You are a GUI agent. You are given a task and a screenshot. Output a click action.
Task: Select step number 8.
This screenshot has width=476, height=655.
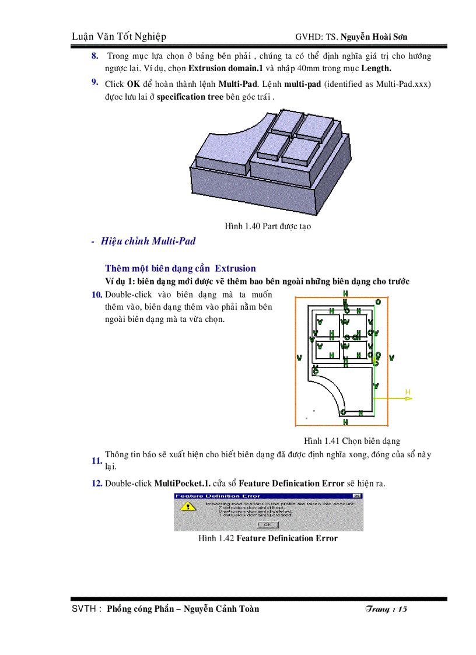[94, 56]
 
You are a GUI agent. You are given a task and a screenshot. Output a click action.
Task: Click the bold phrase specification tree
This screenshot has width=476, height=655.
[190, 97]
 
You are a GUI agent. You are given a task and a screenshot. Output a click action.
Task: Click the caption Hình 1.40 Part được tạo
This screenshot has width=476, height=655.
[268, 226]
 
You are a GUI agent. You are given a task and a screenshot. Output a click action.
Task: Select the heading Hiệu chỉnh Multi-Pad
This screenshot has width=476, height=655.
[148, 241]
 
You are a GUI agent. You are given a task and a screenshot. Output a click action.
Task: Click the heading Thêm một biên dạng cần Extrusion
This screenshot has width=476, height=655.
[180, 268]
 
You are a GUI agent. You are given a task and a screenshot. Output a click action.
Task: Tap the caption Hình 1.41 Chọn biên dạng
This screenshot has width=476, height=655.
[352, 441]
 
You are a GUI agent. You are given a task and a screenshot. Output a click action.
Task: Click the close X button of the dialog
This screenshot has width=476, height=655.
[358, 496]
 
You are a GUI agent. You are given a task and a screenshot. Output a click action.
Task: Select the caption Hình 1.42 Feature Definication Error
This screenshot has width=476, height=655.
[268, 538]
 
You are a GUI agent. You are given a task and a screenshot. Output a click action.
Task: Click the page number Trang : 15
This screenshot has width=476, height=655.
[386, 610]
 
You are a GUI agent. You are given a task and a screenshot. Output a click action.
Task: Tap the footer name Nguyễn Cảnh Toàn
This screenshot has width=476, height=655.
[221, 609]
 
